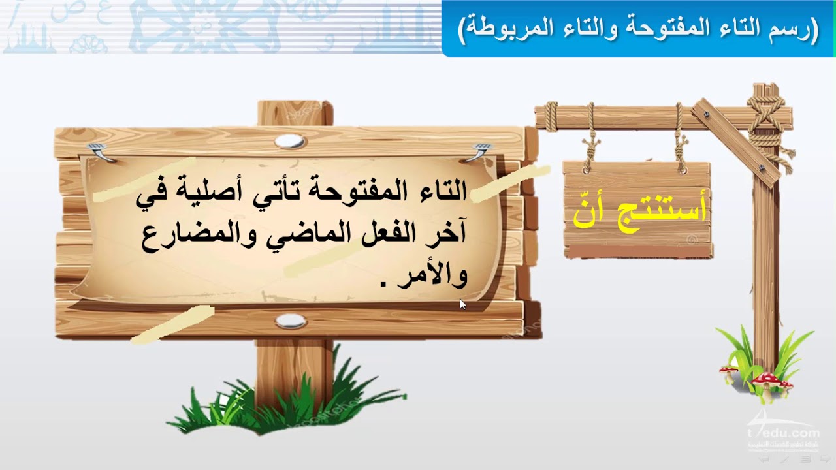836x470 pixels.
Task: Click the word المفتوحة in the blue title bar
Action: pyautogui.click(x=656, y=29)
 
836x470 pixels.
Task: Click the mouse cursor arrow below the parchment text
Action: pyautogui.click(x=463, y=304)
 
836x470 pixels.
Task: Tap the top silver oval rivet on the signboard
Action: pyautogui.click(x=291, y=142)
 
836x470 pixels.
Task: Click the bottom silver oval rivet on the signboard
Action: pyautogui.click(x=291, y=321)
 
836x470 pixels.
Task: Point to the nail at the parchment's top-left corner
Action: pyautogui.click(x=100, y=151)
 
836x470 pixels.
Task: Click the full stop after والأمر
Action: pyautogui.click(x=383, y=283)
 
